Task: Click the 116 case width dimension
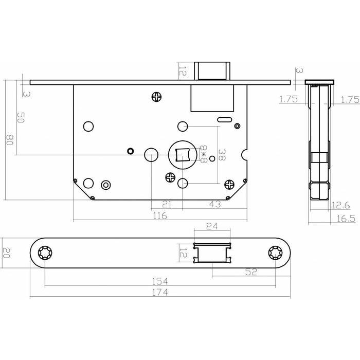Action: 160,217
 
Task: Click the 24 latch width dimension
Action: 211,225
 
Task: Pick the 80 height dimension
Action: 8,140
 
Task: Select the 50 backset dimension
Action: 21,117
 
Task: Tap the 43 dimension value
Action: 215,204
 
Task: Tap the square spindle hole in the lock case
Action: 182,154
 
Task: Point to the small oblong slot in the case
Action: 224,120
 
